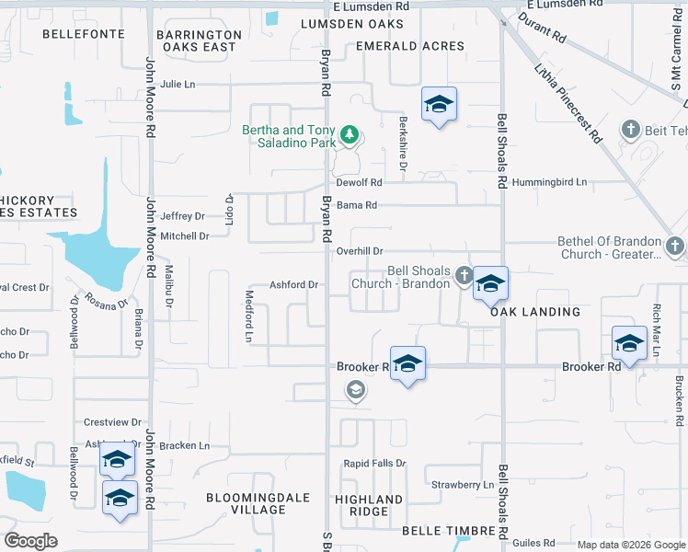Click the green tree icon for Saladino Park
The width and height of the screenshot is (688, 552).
[350, 136]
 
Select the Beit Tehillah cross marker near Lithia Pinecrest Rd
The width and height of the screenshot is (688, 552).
[630, 129]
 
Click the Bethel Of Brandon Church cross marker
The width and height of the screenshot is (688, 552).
[675, 247]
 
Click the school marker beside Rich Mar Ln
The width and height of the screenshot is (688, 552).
[629, 344]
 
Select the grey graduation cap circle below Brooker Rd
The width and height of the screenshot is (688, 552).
[356, 392]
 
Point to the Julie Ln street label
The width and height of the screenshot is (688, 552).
[178, 84]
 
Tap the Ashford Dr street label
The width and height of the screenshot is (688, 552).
[293, 285]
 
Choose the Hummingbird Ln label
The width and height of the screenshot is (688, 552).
[549, 182]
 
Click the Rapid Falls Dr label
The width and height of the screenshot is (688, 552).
[374, 464]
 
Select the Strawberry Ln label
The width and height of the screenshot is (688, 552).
[463, 485]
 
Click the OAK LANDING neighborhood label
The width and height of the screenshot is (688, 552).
[535, 312]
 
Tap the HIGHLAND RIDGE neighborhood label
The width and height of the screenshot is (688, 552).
[369, 505]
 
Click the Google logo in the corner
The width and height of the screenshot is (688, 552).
[30, 541]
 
